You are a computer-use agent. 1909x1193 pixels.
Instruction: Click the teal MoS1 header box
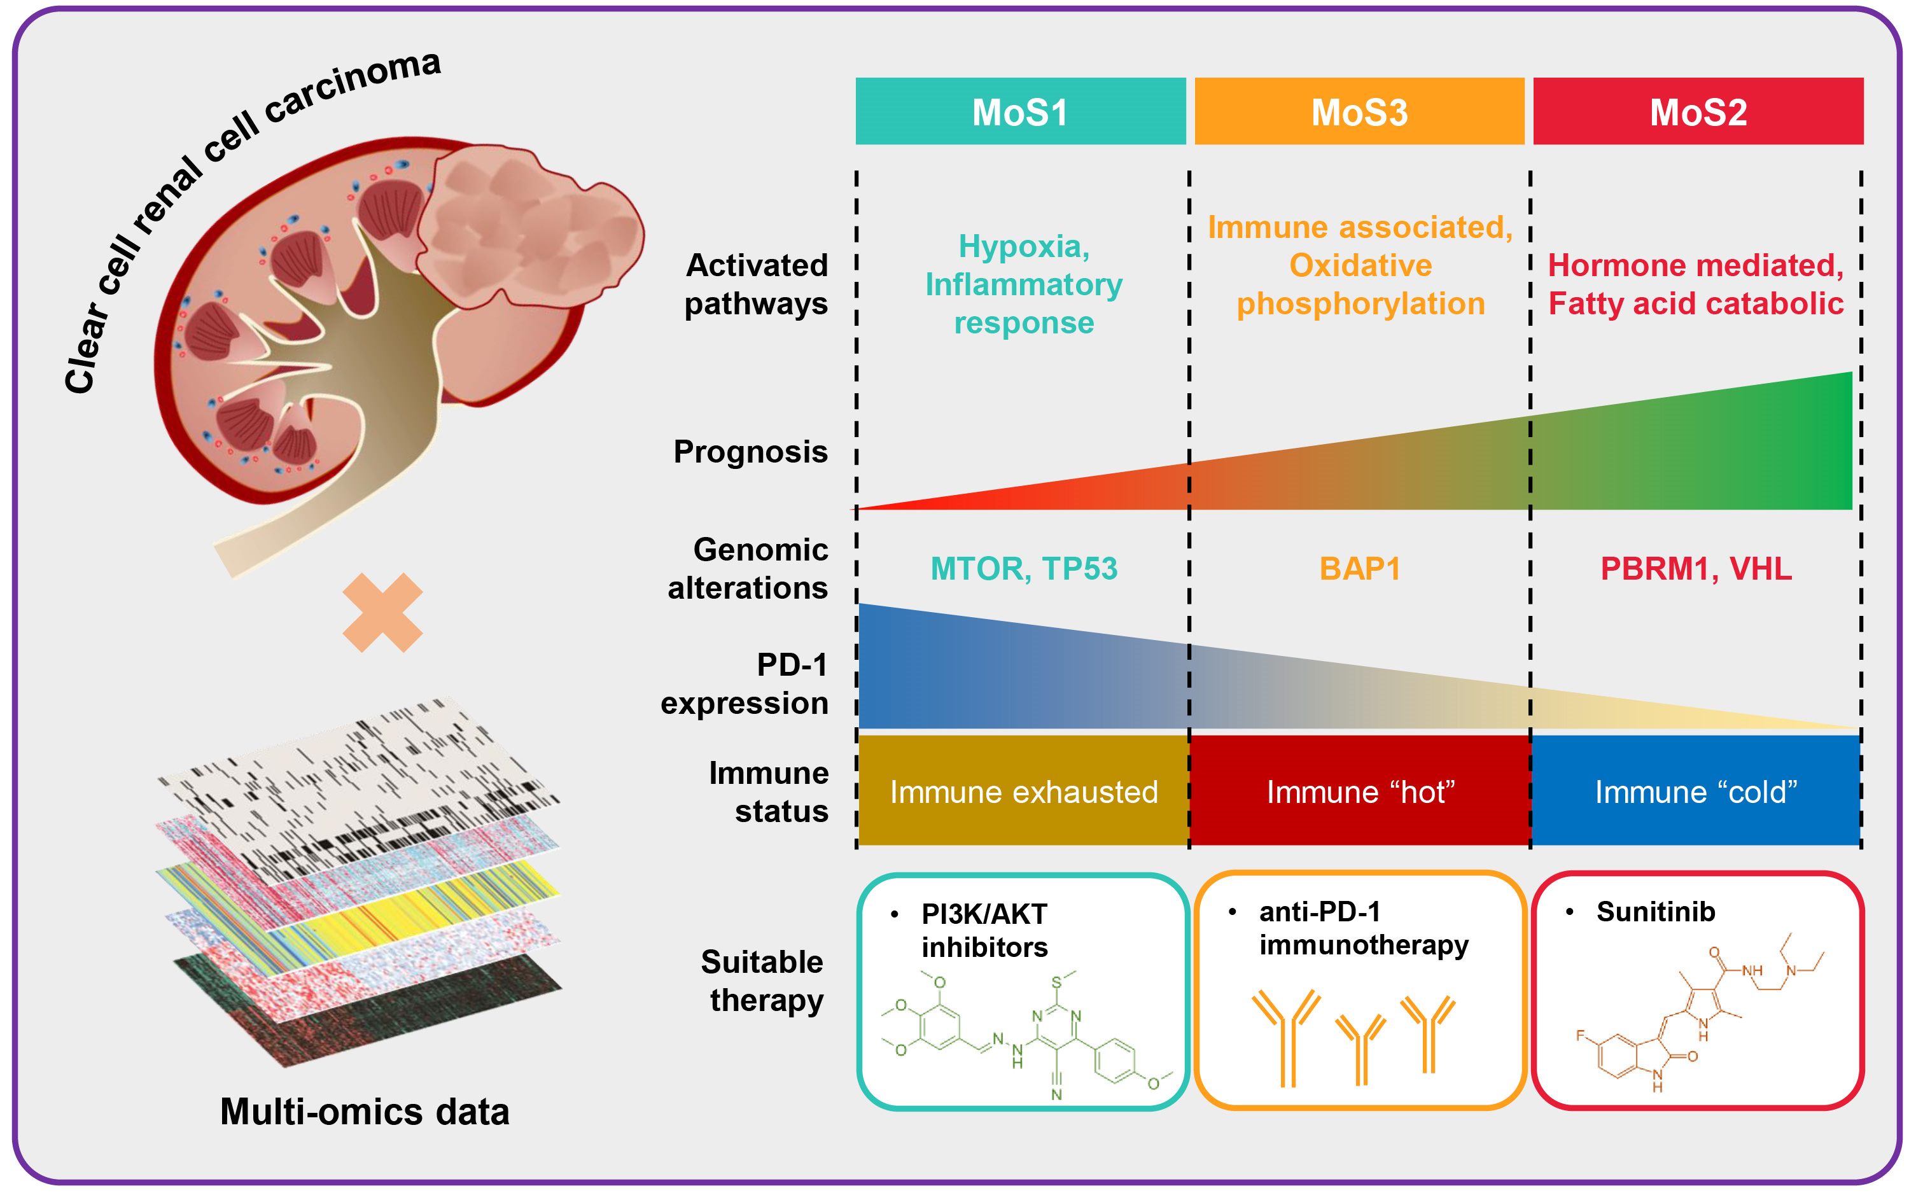1020,111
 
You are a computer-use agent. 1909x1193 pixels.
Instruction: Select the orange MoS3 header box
1359,111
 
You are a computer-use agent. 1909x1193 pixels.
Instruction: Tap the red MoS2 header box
1698,111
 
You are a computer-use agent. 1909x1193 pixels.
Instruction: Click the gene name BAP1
1360,569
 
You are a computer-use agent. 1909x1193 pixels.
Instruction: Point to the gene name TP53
1079,569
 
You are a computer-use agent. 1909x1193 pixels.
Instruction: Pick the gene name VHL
1761,569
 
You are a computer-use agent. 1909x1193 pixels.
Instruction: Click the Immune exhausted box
1023,792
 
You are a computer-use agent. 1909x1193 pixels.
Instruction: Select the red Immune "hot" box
1360,792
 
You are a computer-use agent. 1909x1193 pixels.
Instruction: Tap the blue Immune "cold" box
1696,792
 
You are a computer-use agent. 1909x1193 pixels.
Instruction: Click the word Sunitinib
1655,912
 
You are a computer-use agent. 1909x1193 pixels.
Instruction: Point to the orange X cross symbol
382,612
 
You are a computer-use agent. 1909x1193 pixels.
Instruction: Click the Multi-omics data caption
365,1112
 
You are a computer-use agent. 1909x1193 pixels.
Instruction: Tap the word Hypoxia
1023,247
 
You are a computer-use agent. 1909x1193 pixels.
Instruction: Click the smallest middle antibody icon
1360,1048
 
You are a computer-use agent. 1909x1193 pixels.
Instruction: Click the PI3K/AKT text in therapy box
984,914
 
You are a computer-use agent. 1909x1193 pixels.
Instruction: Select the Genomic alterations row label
748,569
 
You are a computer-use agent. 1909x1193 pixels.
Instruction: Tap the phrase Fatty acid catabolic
1695,303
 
